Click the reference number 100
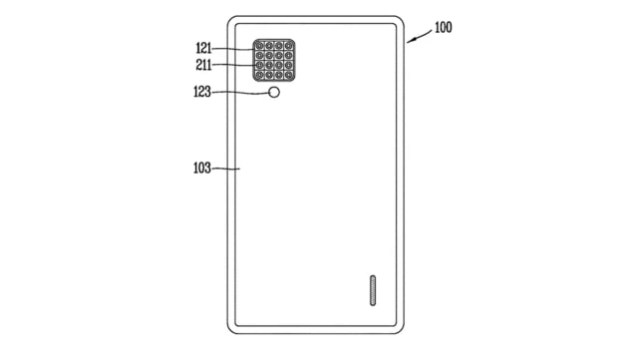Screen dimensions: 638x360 tap(443, 27)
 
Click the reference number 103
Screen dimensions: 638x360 tap(201, 169)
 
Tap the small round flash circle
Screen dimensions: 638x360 tap(274, 93)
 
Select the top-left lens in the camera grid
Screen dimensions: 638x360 tap(259, 46)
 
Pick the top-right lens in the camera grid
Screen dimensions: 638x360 tap(289, 46)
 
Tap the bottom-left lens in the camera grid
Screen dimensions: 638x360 tap(259, 76)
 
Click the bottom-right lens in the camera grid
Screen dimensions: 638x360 tap(289, 76)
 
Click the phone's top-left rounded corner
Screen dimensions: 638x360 tap(232, 21)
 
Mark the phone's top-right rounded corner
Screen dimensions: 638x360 tap(400, 21)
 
